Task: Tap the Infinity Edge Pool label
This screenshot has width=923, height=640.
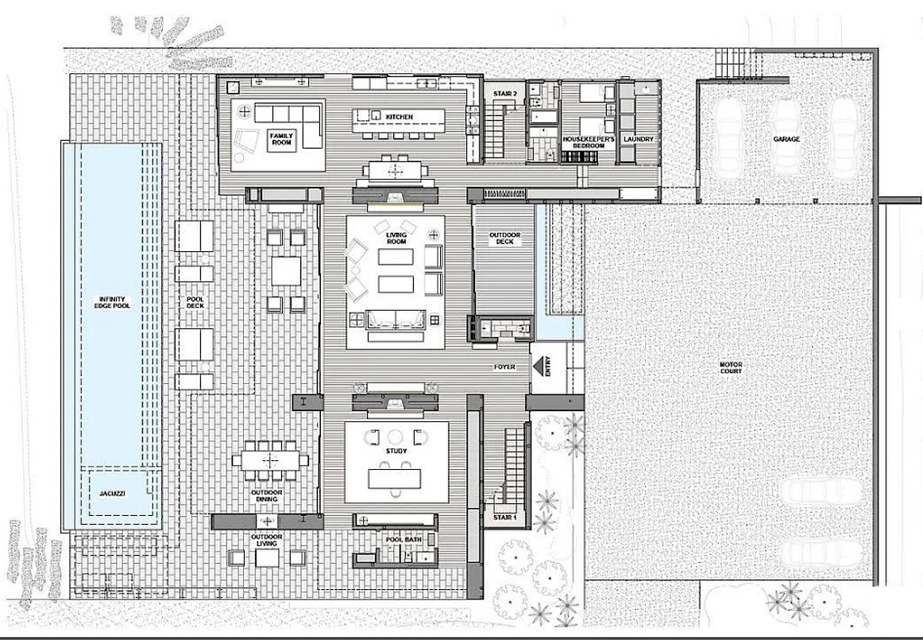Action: tap(112, 302)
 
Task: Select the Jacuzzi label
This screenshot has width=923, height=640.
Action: tap(112, 493)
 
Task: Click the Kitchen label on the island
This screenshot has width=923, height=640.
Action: tap(399, 117)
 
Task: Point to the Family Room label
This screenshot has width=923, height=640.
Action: tap(281, 139)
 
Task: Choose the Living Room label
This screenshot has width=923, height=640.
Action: tap(396, 238)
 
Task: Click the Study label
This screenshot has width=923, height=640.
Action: tap(396, 451)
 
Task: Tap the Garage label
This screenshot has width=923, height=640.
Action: tap(787, 139)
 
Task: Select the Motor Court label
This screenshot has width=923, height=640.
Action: tap(731, 368)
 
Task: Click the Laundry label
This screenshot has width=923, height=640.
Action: tap(639, 139)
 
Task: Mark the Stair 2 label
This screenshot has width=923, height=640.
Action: tap(504, 94)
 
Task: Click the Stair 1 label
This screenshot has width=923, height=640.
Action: tap(504, 518)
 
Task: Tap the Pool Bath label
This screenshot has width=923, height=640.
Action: tap(403, 540)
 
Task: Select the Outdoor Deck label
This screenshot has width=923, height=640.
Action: tap(504, 238)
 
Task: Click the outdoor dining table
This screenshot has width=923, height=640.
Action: tap(270, 459)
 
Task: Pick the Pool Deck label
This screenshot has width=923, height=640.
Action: tap(195, 302)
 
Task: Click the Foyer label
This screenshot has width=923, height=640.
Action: tap(504, 367)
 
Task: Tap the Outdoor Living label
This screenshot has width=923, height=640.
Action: tap(267, 540)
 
